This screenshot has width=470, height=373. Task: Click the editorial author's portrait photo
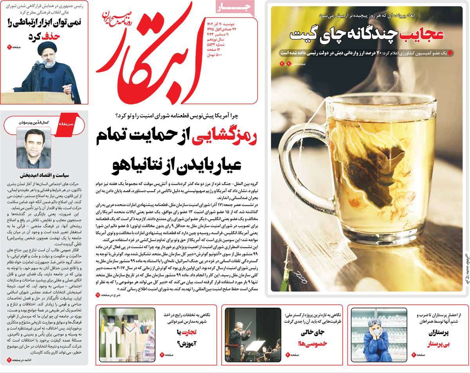coord(34,148)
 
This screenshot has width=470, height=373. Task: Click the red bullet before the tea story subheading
coord(450,52)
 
